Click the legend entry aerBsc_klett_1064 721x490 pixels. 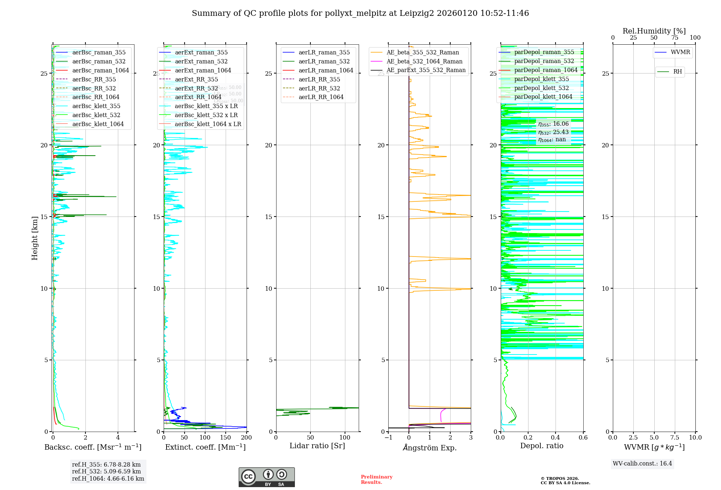coord(98,124)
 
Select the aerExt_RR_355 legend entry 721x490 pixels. coord(196,79)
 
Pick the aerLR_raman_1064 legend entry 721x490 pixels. coord(326,70)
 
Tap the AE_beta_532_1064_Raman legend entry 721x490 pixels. coord(424,61)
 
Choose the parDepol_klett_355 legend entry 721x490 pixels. coord(541,79)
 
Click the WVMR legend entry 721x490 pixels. coord(680,52)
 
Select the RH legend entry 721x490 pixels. coord(677,72)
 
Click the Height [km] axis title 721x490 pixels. coord(35,238)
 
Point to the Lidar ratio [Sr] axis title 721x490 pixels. coord(317,446)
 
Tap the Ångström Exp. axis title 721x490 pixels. coord(429,447)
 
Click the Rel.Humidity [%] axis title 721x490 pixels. coord(654,31)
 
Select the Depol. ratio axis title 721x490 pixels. coord(541,446)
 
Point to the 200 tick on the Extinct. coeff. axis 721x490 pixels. coord(247,438)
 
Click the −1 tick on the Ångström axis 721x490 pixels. coord(388,438)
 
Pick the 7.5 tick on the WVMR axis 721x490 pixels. coord(675,438)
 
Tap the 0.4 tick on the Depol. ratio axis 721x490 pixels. coord(556,438)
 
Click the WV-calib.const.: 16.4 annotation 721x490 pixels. coord(642,463)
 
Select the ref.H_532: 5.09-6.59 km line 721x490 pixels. coord(106,471)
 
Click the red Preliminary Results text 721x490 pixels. coord(376,480)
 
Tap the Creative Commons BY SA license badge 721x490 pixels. coord(266,477)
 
